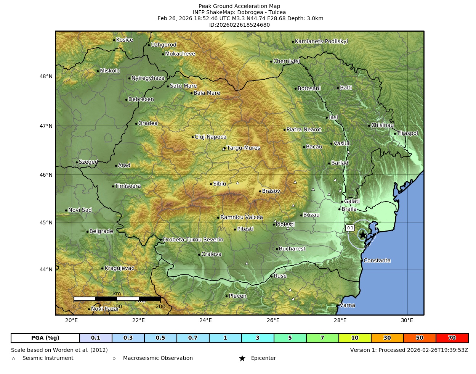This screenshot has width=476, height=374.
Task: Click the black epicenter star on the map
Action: tap(362, 235)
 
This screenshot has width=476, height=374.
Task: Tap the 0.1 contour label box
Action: tap(350, 228)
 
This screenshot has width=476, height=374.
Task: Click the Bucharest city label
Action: tap(292, 249)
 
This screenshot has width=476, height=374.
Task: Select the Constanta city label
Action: tap(377, 261)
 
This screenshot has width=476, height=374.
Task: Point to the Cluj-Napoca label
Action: tap(210, 137)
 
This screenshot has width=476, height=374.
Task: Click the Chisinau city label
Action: tap(382, 125)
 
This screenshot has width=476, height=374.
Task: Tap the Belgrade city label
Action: tap(101, 231)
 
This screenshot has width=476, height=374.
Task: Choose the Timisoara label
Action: tap(128, 186)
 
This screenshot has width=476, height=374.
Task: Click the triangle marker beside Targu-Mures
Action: tap(224, 149)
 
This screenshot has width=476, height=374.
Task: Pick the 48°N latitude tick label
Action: tap(46, 76)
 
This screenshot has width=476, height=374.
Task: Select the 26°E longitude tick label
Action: tap(273, 320)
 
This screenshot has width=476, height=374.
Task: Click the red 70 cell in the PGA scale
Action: tap(452, 338)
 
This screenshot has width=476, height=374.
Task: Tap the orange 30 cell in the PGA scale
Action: tap(387, 338)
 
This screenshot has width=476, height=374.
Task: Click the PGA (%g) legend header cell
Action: tap(45, 338)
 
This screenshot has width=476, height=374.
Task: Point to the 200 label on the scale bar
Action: tap(160, 306)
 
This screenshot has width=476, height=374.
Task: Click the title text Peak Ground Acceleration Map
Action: tap(239, 6)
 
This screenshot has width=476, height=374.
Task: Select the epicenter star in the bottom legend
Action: tap(242, 358)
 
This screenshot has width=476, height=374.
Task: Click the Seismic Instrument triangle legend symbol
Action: tap(14, 359)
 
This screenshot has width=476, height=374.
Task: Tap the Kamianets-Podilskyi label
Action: tap(321, 42)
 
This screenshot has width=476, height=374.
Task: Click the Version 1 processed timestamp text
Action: tap(409, 350)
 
